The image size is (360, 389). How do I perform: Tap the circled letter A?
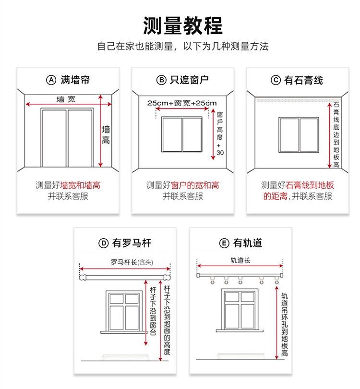tap(51, 80)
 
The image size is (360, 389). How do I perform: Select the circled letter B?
tap(161, 80)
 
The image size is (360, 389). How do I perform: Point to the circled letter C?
tap(276, 80)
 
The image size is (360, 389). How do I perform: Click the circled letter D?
tap(103, 243)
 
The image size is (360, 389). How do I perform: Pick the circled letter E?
tap(224, 243)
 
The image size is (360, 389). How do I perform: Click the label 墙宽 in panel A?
tap(66, 99)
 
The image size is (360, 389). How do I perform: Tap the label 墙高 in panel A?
tap(106, 135)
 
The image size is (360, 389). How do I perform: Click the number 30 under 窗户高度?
tap(220, 153)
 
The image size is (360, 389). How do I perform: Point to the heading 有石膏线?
tap(303, 80)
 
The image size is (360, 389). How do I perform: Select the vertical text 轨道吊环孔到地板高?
tap(285, 325)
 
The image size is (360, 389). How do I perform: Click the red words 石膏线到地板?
tap(310, 185)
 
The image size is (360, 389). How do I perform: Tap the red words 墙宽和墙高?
tap(81, 185)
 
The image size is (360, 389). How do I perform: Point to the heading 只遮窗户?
tap(190, 80)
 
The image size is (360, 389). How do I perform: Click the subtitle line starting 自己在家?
tap(182, 47)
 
